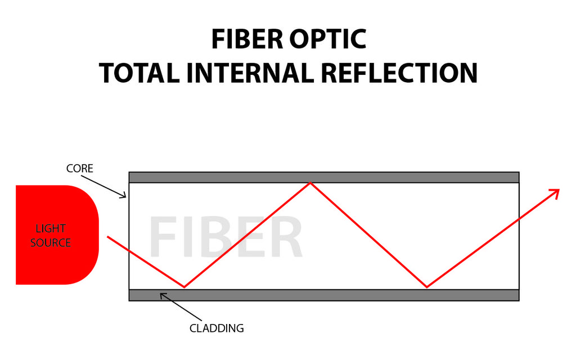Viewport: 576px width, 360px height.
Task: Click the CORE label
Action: pyautogui.click(x=79, y=168)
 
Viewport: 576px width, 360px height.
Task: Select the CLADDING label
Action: pyautogui.click(x=217, y=328)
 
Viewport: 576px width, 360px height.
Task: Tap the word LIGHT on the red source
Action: pyautogui.click(x=51, y=228)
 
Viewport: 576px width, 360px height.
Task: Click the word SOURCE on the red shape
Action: pyautogui.click(x=51, y=243)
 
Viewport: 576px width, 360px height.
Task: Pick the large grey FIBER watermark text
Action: pyautogui.click(x=226, y=238)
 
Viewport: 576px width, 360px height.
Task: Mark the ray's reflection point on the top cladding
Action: pyautogui.click(x=310, y=183)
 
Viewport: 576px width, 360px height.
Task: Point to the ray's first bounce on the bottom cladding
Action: pyautogui.click(x=184, y=287)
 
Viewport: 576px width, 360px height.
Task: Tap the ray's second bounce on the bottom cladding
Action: pyautogui.click(x=427, y=287)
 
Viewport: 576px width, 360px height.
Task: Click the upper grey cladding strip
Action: pyautogui.click(x=323, y=177)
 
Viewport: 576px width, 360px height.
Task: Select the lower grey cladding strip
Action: pyautogui.click(x=323, y=295)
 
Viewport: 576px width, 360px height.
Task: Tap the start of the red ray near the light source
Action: pyautogui.click(x=108, y=237)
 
